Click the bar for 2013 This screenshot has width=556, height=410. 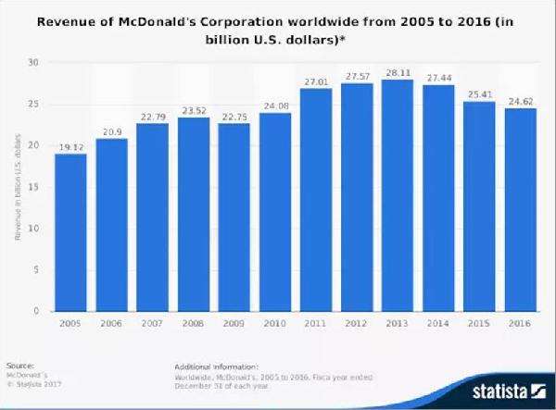pos(399,195)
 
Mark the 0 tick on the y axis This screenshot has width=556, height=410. pos(36,311)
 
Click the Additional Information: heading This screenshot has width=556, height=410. pos(215,366)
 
